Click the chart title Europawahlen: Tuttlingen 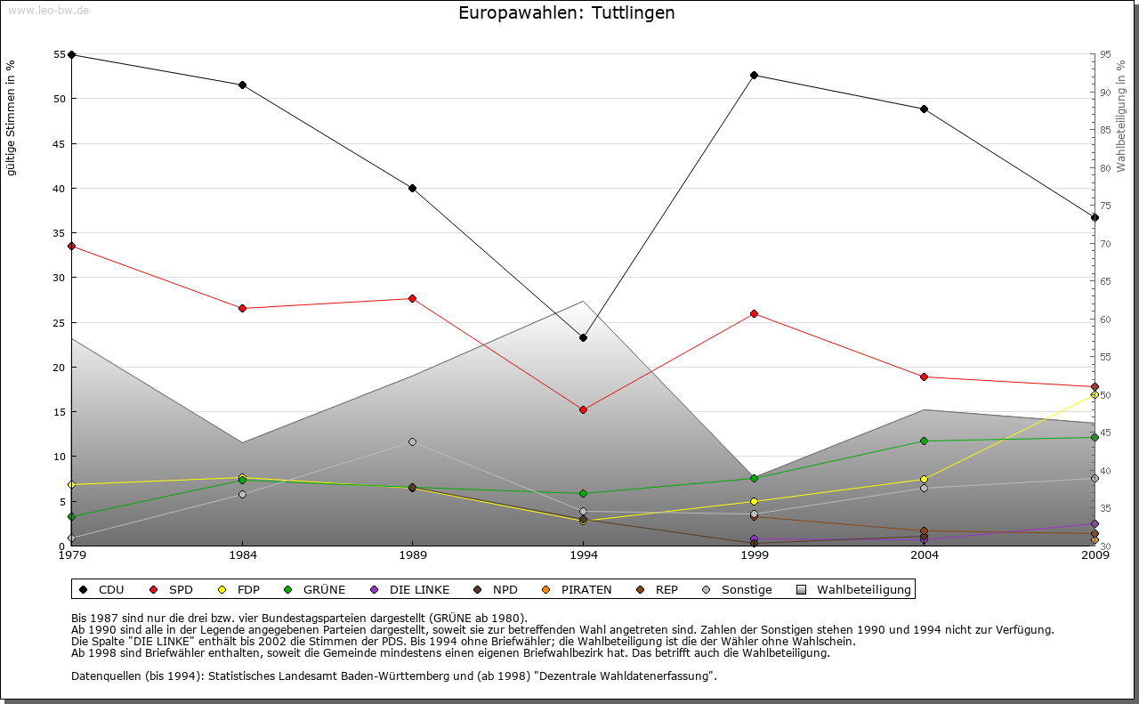click(566, 12)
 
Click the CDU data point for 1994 click(583, 337)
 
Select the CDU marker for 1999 click(754, 75)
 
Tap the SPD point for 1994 click(583, 409)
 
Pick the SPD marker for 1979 click(71, 246)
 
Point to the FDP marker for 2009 click(1095, 394)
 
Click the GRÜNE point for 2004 click(924, 441)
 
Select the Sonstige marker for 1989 click(412, 441)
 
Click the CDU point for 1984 click(242, 85)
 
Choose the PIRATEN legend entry click(578, 589)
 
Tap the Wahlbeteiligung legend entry click(853, 589)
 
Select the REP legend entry click(658, 589)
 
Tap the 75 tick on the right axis click(1105, 206)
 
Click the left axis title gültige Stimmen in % click(12, 117)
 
